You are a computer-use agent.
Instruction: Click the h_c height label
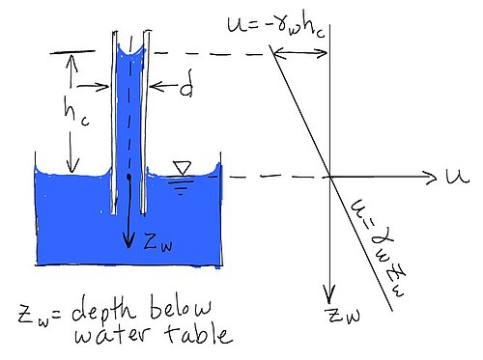(x=75, y=112)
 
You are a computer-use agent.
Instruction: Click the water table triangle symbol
(x=183, y=168)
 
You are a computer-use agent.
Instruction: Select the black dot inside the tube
(x=128, y=177)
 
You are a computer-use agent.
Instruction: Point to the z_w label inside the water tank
(x=157, y=242)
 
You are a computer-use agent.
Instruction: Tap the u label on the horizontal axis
(x=458, y=176)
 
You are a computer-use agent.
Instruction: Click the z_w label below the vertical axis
(x=344, y=315)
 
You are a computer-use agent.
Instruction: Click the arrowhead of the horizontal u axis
(x=433, y=177)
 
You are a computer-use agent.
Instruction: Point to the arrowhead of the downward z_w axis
(x=329, y=296)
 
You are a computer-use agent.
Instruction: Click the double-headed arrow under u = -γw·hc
(x=300, y=53)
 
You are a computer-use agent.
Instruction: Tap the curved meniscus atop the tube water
(x=131, y=51)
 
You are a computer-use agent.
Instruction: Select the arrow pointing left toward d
(x=163, y=86)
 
